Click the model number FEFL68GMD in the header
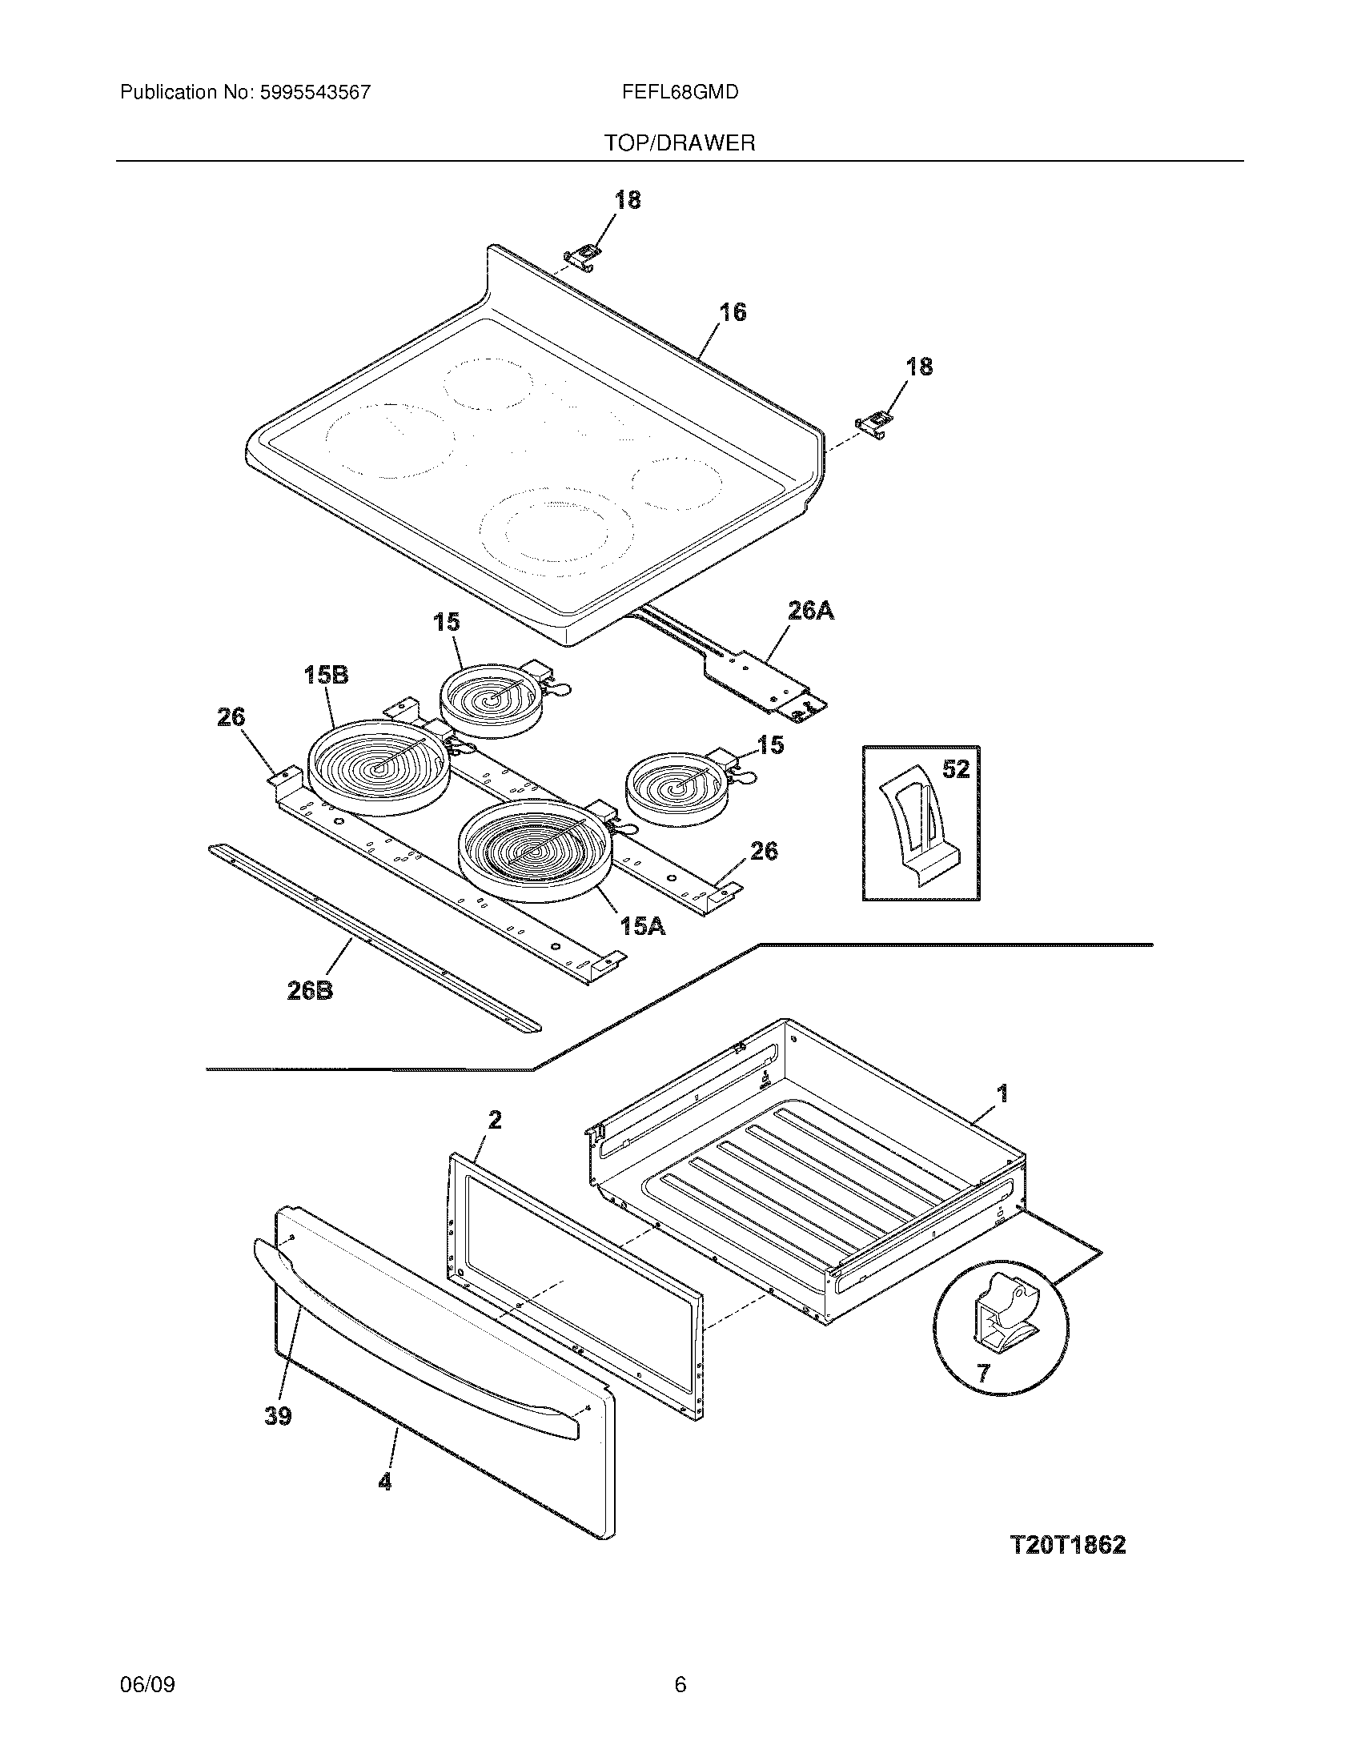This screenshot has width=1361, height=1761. point(680,92)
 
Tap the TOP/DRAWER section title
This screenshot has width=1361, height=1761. point(680,142)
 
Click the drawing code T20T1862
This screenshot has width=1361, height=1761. point(1067,1545)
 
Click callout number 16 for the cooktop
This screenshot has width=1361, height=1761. point(732,312)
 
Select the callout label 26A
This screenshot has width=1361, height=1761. point(810,612)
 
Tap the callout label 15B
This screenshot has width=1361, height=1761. point(326,674)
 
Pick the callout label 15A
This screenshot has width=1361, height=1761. point(643,927)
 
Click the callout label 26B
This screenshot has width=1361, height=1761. point(311,990)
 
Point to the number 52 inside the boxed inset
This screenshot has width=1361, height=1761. point(955,769)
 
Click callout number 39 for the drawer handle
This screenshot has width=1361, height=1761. point(278,1416)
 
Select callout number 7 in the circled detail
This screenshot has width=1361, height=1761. point(982,1372)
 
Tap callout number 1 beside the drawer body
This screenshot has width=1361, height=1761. point(1002,1093)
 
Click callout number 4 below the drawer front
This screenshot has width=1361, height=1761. point(385,1481)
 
